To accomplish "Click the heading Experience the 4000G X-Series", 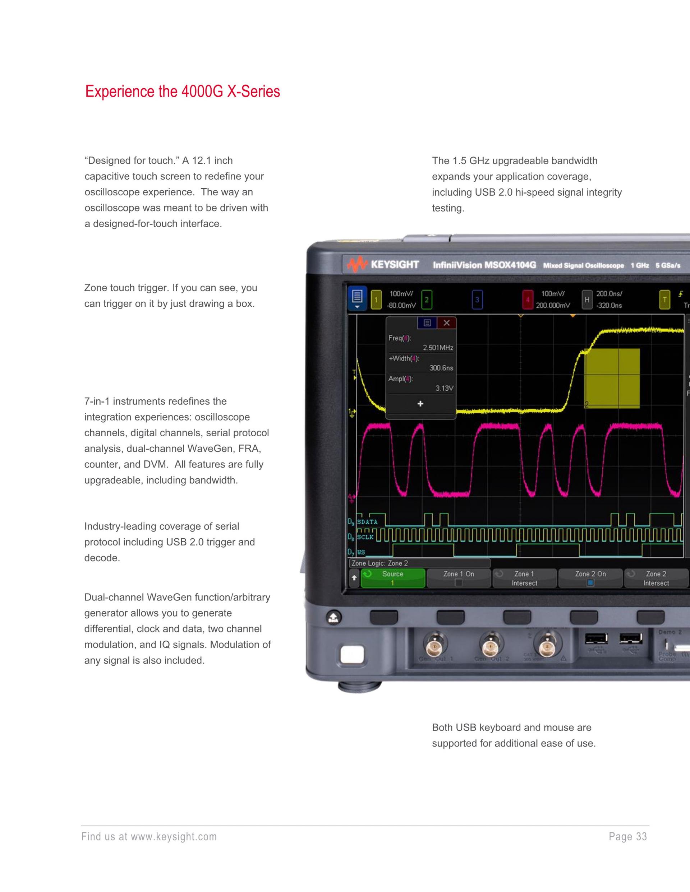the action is pos(182,92).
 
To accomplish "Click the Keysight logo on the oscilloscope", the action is pos(383,265).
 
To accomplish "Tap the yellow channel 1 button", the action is pos(376,299).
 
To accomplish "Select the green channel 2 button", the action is pos(426,299).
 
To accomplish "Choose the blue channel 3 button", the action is pos(477,299).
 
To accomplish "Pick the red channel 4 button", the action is pos(527,299).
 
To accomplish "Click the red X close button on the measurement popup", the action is pos(446,323).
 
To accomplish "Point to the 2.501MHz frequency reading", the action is pos(438,348).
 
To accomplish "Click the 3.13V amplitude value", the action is pos(444,388).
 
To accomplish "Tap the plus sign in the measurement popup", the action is pos(420,404).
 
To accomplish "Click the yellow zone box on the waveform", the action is pos(612,378).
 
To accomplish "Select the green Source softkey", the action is pos(392,578).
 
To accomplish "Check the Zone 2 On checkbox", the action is pos(590,583).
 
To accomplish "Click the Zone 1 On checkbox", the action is pos(459,583).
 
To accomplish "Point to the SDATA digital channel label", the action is pos(367,522).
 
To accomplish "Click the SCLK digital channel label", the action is pos(365,537).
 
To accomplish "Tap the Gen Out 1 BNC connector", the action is pos(435,646).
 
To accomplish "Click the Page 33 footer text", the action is pos(627,837).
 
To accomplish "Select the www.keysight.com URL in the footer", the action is pos(174,837).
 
